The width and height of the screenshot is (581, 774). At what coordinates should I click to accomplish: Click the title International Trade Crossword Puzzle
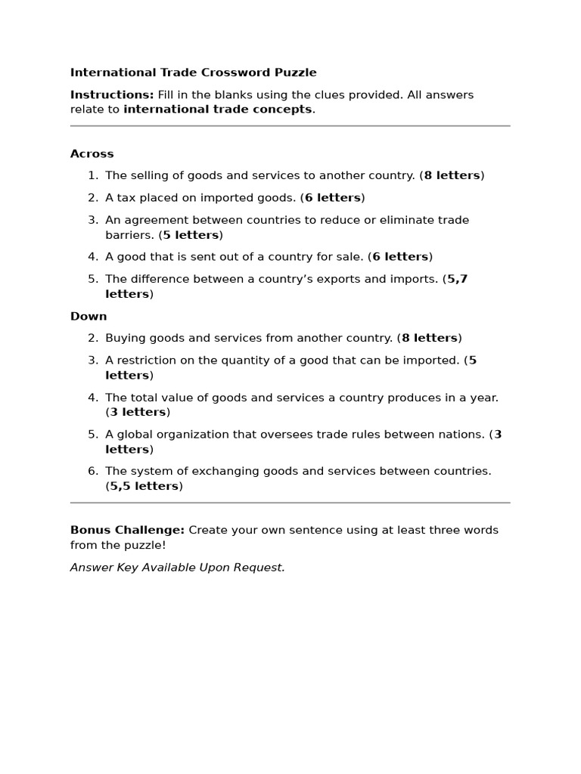point(193,73)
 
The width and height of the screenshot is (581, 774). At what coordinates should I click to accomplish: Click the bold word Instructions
point(111,94)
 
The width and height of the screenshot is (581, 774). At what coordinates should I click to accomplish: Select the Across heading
point(92,153)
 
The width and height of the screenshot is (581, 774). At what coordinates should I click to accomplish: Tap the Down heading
point(89,316)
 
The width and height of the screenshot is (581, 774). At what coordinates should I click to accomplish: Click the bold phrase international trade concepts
point(217,109)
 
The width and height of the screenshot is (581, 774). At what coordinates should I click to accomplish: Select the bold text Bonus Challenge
point(127,530)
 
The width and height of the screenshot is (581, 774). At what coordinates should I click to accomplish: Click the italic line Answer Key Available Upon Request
point(177,567)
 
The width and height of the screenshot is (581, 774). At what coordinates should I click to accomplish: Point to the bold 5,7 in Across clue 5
point(458,279)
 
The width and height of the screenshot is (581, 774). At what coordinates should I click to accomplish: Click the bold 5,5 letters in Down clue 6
point(144,486)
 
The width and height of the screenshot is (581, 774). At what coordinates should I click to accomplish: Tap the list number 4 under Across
point(92,257)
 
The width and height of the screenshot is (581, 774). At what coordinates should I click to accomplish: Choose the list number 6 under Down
point(92,471)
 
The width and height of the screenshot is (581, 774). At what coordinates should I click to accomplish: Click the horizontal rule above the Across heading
point(290,126)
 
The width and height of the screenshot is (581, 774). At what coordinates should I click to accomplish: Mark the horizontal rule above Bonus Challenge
point(290,503)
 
